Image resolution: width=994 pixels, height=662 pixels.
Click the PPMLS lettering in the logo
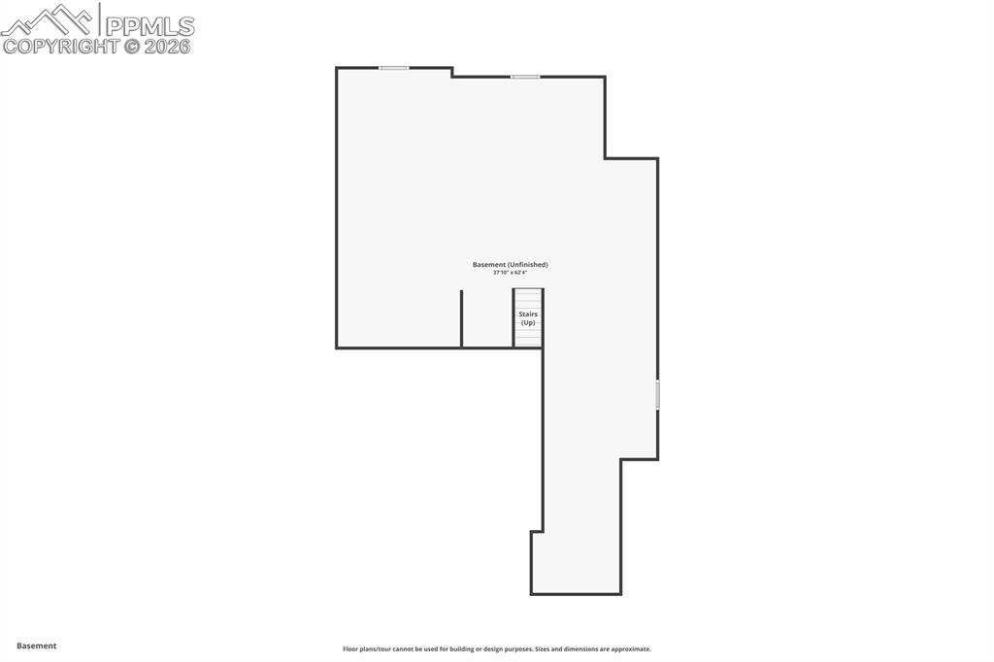tap(149, 24)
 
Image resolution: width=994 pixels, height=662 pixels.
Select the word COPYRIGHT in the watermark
tap(61, 46)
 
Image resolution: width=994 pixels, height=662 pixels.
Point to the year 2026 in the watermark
tap(168, 46)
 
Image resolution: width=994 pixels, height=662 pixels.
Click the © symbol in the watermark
tap(132, 46)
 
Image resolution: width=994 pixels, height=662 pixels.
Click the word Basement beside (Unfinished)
tap(487, 265)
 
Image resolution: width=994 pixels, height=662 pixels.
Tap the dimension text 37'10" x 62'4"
tap(510, 273)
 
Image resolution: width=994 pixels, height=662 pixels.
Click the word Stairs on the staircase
tap(528, 314)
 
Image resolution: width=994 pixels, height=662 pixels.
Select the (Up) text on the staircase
tap(528, 322)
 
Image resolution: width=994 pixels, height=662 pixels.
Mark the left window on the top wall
tap(393, 68)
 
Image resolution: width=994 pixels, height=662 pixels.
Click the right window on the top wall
tap(525, 77)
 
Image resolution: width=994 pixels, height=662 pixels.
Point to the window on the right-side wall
tap(657, 394)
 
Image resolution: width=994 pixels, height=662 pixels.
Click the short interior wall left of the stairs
tap(461, 317)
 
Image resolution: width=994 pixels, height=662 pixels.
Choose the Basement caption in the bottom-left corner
tap(37, 645)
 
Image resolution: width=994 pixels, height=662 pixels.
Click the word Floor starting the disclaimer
tap(351, 649)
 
